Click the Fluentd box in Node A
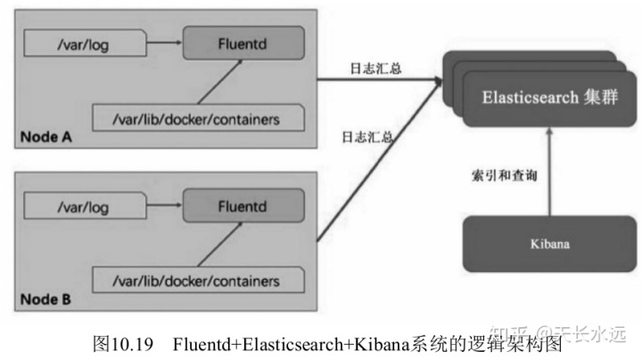[x=243, y=41]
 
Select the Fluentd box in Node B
[x=243, y=207]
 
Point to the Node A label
[x=44, y=139]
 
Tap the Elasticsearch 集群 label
[x=534, y=96]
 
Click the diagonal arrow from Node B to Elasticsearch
[x=379, y=160]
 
